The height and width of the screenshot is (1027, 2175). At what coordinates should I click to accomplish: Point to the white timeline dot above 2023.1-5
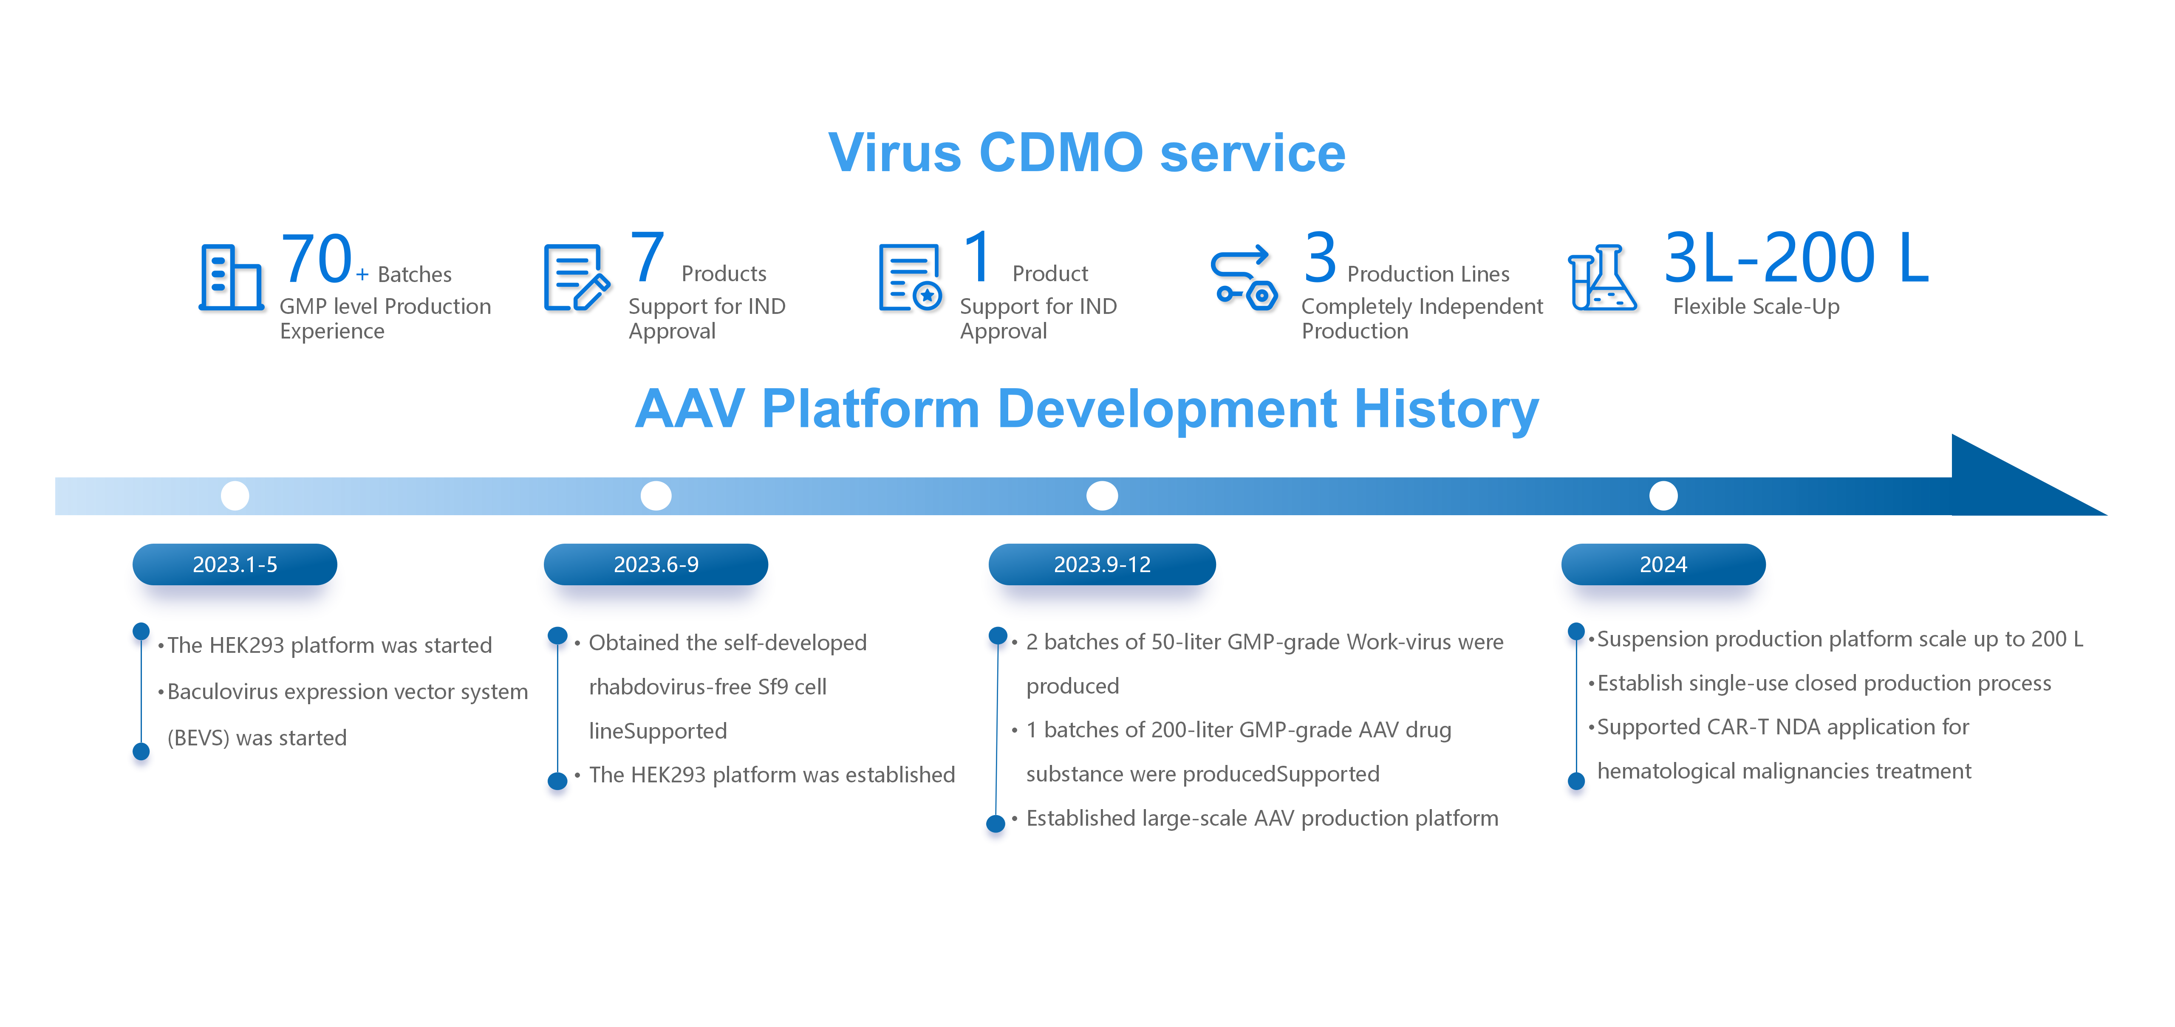click(x=235, y=495)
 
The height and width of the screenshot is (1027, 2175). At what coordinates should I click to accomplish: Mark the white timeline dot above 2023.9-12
click(x=1102, y=495)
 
